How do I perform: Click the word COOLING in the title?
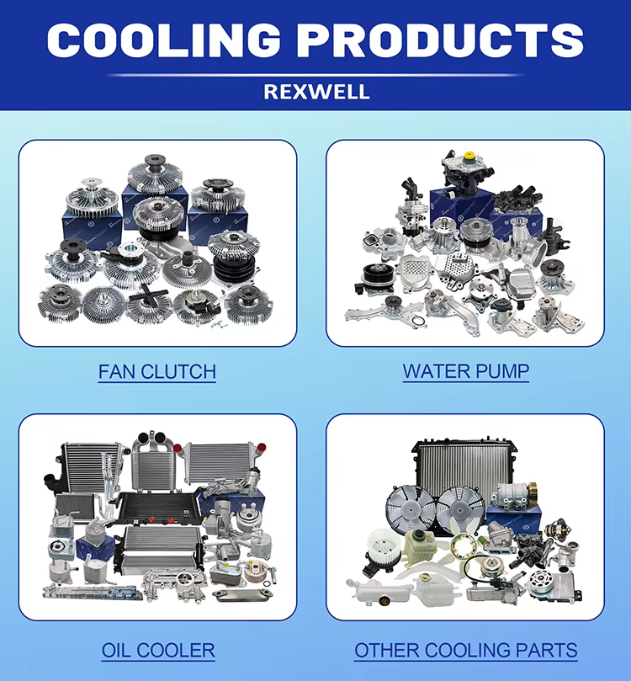163,40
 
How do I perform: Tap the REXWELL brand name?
316,92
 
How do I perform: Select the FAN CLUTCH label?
157,372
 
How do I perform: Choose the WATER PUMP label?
466,371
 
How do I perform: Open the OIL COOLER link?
158,650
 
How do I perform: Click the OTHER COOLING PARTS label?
465,650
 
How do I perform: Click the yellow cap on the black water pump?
469,155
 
